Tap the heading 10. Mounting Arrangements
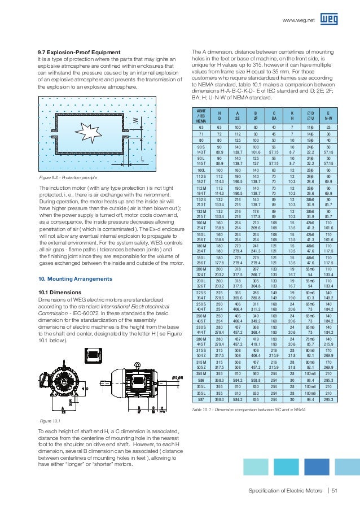[69, 279]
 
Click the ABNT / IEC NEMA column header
[200, 116]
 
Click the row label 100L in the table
[200, 169]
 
